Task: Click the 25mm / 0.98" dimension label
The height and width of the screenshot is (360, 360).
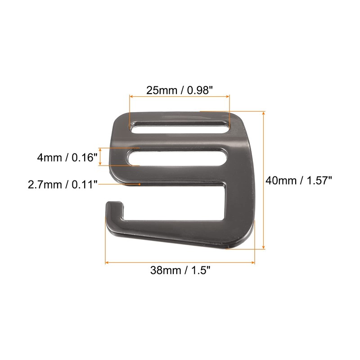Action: pos(180,90)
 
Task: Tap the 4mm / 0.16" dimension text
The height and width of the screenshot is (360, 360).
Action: pos(67,158)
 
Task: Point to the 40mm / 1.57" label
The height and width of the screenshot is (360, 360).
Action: pos(299,180)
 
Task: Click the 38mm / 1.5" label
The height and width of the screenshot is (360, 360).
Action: pos(180,270)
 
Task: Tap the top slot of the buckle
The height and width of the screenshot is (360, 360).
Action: pos(180,127)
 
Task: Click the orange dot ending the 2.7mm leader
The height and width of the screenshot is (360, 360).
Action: pos(140,184)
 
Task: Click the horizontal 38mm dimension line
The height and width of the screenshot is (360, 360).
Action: pos(180,262)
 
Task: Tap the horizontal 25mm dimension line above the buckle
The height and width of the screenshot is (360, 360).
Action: pos(180,96)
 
